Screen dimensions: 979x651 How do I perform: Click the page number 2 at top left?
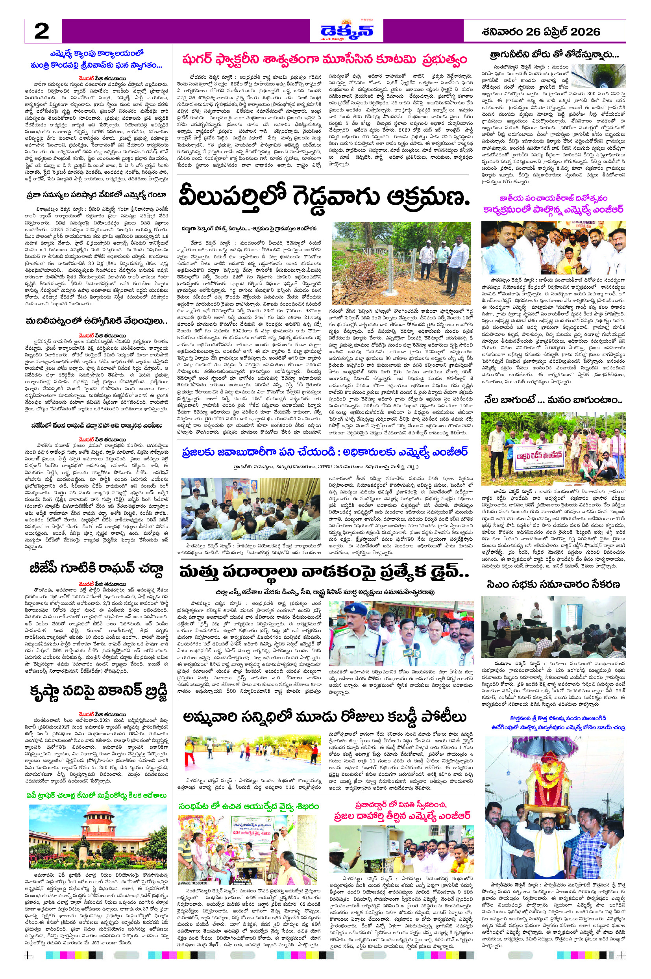coord(41,32)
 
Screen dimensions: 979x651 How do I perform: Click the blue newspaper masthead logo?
coord(347,31)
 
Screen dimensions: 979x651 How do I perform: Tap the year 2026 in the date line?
coord(585,32)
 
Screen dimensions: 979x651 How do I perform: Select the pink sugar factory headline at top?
coord(324,59)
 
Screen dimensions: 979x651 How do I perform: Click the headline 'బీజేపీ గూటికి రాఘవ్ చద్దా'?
coord(96,568)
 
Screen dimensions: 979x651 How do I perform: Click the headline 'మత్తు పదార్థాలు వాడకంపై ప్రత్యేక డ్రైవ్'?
coord(324,572)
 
